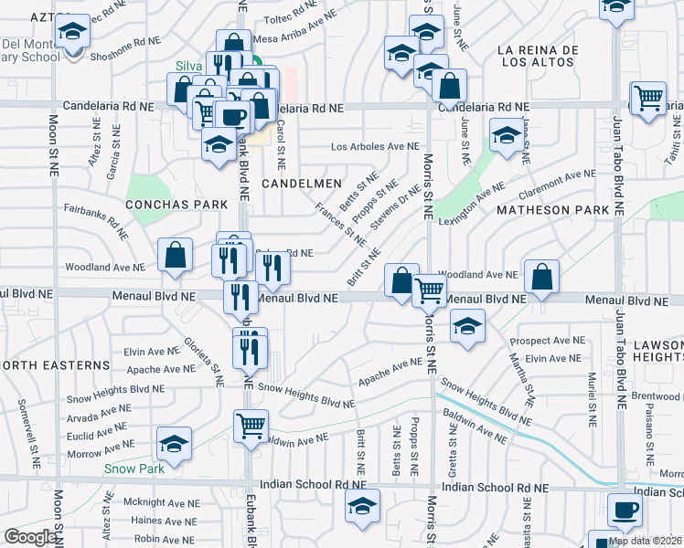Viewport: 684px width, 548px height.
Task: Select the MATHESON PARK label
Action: pyautogui.click(x=552, y=210)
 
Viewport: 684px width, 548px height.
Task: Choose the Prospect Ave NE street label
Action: pyautogui.click(x=547, y=341)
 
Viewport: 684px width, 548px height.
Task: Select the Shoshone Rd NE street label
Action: pyautogui.click(x=123, y=41)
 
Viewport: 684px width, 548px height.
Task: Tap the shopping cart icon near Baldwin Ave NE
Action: pyautogui.click(x=251, y=426)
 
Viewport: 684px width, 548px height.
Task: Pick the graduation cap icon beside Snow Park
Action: pyautogui.click(x=174, y=443)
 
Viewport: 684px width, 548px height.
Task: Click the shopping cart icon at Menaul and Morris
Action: pyautogui.click(x=429, y=291)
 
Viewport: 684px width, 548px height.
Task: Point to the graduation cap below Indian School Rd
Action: pyautogui.click(x=362, y=505)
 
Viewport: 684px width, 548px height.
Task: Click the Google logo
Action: pyautogui.click(x=30, y=537)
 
